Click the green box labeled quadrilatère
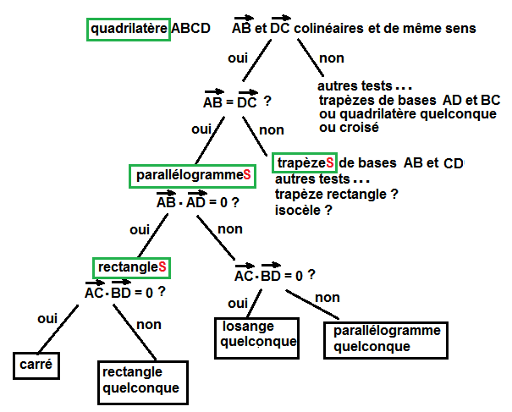(x=129, y=29)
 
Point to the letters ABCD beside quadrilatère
(x=190, y=29)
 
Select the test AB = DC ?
(x=236, y=102)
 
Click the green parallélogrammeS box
(x=193, y=175)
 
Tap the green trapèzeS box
(x=306, y=162)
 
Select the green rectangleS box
(x=132, y=267)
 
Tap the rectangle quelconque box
(x=140, y=381)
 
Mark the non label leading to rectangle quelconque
(x=148, y=325)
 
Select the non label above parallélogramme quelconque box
(x=328, y=298)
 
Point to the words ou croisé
(x=348, y=128)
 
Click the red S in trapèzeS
(x=330, y=162)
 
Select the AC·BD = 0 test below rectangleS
(x=124, y=292)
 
